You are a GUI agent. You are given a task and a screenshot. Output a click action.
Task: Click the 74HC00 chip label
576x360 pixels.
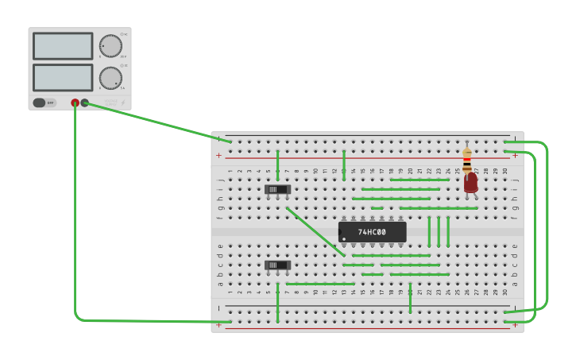[372, 232]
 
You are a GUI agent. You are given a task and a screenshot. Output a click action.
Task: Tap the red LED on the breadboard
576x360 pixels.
[471, 182]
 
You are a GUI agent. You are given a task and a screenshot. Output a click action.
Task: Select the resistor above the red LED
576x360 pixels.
[467, 159]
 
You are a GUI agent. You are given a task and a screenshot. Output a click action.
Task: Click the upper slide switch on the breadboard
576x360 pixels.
[277, 189]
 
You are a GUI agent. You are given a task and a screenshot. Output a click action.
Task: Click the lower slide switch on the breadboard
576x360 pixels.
[277, 265]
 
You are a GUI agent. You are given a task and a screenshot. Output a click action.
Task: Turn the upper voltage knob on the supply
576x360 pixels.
[110, 46]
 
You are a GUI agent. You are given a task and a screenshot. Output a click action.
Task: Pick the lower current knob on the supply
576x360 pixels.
[110, 78]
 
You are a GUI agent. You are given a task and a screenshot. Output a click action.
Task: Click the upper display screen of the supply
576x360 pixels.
[63, 46]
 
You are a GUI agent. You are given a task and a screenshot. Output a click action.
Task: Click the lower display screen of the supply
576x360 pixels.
[63, 77]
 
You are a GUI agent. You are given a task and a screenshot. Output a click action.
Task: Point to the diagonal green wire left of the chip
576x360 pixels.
[315, 232]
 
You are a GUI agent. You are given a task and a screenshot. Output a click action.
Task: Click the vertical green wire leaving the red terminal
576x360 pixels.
[75, 215]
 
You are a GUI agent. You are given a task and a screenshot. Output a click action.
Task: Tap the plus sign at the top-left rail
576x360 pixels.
[219, 155]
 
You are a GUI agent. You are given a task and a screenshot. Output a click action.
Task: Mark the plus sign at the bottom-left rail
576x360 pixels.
[219, 325]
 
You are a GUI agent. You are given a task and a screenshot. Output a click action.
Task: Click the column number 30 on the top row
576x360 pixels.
[504, 171]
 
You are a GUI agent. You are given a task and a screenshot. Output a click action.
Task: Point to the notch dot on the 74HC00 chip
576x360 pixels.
[344, 238]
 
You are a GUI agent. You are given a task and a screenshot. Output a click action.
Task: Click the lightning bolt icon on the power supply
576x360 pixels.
[123, 103]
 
